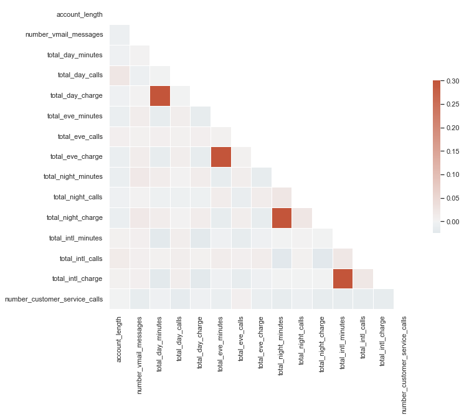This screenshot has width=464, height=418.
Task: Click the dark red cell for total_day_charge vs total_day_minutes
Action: [160, 96]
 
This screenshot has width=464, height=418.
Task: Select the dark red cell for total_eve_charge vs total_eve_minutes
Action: [221, 156]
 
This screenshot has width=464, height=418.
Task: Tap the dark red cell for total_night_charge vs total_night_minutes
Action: [282, 217]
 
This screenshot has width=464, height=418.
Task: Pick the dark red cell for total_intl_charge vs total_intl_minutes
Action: [343, 278]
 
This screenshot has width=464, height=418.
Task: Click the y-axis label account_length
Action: [80, 14]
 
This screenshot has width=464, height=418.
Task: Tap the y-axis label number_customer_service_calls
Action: [54, 299]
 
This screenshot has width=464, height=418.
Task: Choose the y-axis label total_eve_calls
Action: [80, 136]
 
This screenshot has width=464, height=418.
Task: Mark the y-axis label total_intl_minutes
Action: [75, 238]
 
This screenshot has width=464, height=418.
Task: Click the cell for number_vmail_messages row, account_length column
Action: [120, 35]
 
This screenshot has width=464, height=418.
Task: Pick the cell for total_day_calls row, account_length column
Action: [120, 75]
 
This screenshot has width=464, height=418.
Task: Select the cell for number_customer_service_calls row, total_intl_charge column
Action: [383, 299]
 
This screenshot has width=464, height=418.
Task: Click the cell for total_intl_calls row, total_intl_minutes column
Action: [343, 258]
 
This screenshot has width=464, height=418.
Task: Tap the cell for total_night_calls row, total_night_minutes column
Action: [282, 197]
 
